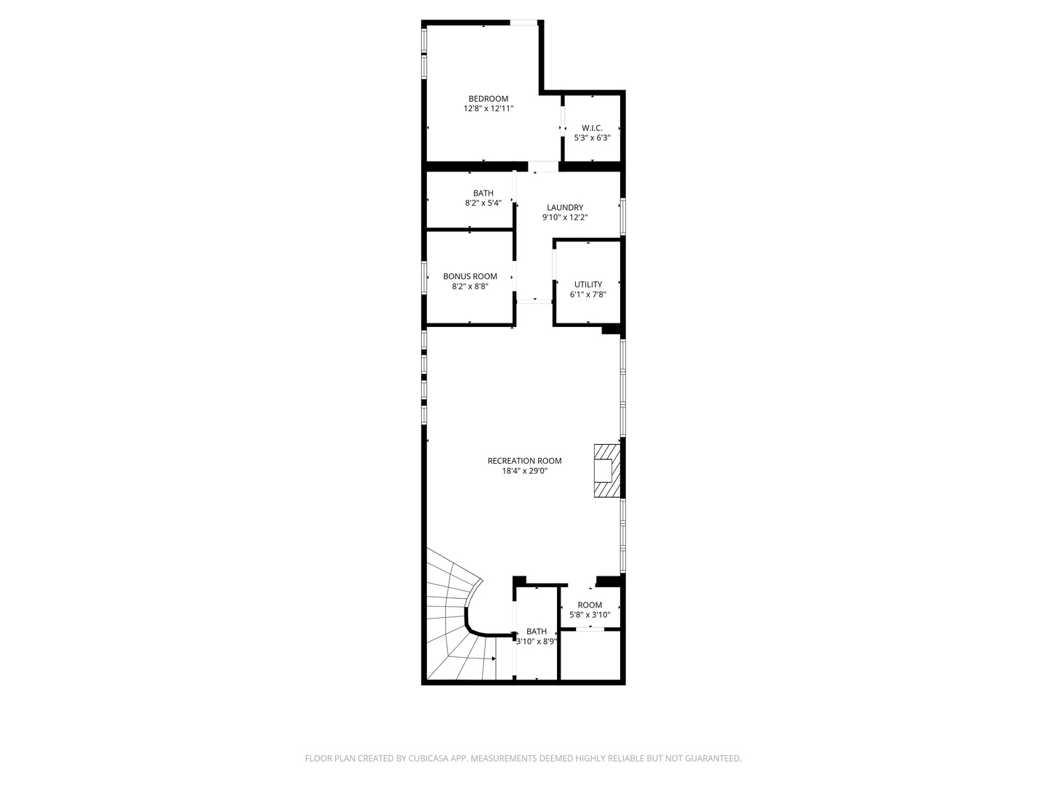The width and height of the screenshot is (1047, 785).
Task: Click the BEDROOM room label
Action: [488, 99]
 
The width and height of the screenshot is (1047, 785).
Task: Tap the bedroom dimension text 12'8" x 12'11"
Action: [489, 109]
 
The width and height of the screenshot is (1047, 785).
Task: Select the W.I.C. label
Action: [592, 128]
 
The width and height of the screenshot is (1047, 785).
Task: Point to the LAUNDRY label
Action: [565, 208]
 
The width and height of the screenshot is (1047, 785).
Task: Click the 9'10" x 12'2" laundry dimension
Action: [565, 217]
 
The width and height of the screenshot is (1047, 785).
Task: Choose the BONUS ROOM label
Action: [470, 276]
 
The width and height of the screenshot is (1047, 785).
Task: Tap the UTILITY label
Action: [588, 285]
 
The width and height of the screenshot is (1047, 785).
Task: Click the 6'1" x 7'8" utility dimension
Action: [588, 294]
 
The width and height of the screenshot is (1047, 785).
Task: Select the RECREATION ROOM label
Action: [524, 461]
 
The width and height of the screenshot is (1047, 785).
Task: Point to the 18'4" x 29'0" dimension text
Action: [524, 471]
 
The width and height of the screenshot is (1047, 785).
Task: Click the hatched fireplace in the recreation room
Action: [606, 471]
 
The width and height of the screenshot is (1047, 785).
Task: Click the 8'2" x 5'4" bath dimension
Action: [484, 204]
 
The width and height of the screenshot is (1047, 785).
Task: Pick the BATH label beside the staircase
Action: [537, 632]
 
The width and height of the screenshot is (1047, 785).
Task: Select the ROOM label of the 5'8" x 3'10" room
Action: [590, 605]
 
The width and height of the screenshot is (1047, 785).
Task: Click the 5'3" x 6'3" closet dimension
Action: [592, 138]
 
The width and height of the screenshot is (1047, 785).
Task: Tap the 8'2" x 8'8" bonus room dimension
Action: [470, 286]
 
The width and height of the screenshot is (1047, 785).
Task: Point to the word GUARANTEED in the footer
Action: [709, 759]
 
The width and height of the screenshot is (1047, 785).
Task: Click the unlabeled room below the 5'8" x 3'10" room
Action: [590, 656]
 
